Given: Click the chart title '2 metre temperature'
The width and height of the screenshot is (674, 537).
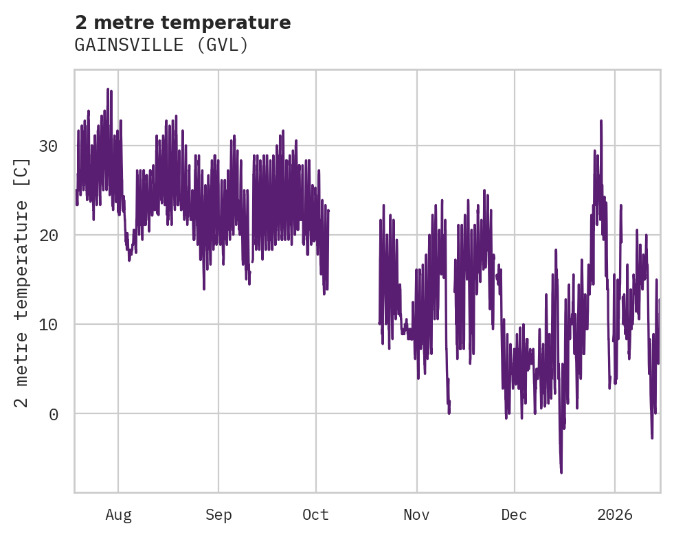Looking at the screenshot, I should pyautogui.click(x=183, y=23).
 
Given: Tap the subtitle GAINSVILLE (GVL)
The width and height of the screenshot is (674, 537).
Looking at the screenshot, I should pyautogui.click(x=161, y=45).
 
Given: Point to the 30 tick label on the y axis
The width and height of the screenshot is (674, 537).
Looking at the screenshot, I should pyautogui.click(x=47, y=146).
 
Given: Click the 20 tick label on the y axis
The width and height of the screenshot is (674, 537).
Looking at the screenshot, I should pyautogui.click(x=47, y=236).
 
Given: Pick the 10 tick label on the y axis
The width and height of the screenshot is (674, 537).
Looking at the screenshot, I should pyautogui.click(x=47, y=325).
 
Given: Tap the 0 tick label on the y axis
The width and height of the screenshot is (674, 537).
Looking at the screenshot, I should pyautogui.click(x=52, y=414).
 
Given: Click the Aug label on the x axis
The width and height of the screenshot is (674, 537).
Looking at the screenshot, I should pyautogui.click(x=118, y=515).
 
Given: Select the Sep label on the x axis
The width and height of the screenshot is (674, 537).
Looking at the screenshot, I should pyautogui.click(x=218, y=515).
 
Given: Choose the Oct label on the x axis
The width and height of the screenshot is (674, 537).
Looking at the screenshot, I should pyautogui.click(x=316, y=515).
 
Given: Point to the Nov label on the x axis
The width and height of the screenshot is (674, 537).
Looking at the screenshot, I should pyautogui.click(x=416, y=515).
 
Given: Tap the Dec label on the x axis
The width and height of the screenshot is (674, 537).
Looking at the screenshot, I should pyautogui.click(x=514, y=515).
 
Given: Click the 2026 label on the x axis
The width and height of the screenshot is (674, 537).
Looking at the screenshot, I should pyautogui.click(x=615, y=515).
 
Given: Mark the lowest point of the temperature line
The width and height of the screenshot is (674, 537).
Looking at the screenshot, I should pyautogui.click(x=561, y=472).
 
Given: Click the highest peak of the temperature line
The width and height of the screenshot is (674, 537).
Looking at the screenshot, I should pyautogui.click(x=108, y=89).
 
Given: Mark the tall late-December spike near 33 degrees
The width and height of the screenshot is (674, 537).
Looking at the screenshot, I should pyautogui.click(x=601, y=121).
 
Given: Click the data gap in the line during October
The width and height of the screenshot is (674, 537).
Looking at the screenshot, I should pyautogui.click(x=354, y=275).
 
